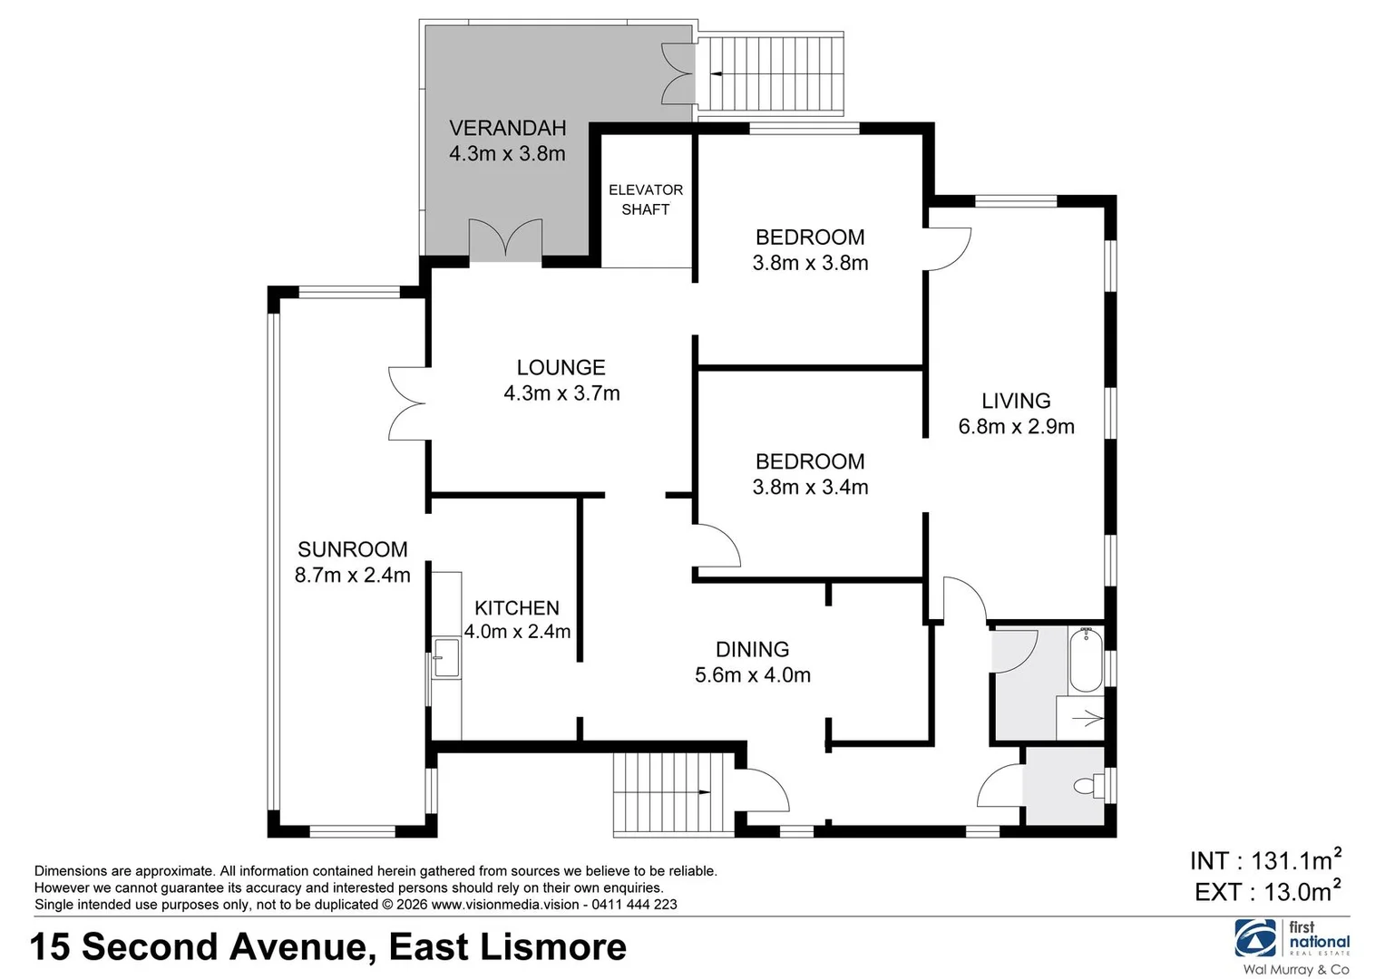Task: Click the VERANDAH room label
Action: [507, 129]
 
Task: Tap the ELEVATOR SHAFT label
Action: [645, 199]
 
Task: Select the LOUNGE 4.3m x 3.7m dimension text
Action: [561, 393]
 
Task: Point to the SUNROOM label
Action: [352, 549]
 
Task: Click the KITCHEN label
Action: [517, 608]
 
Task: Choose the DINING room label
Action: [752, 649]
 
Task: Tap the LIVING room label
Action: [1016, 401]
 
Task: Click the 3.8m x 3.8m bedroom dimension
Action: [810, 263]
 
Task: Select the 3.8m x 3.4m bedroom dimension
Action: [810, 487]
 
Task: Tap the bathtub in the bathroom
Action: [1085, 661]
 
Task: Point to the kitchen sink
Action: [445, 657]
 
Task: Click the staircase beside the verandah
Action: [771, 74]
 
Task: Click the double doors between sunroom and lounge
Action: [408, 404]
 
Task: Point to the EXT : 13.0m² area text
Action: [1267, 891]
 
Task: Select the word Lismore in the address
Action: [553, 947]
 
